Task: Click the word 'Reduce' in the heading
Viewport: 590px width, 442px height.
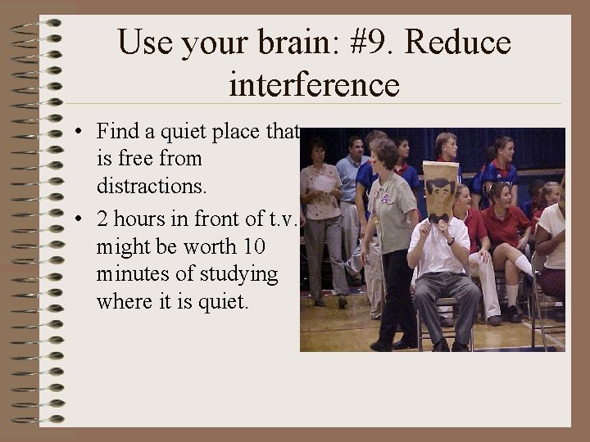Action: pos(458,43)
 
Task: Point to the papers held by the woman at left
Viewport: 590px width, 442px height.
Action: pos(325,184)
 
